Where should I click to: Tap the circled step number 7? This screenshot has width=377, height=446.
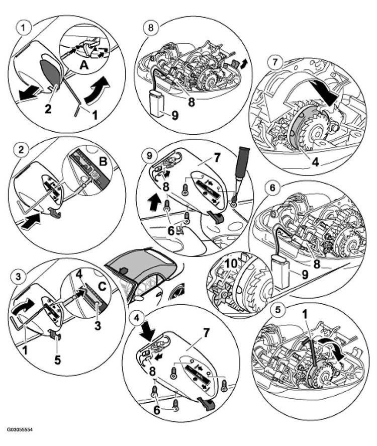(274, 62)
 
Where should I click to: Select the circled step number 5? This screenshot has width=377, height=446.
(277, 309)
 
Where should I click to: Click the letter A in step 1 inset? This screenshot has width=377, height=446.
(84, 65)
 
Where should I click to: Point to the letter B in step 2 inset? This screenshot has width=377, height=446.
(103, 161)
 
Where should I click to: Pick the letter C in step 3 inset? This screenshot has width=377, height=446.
(102, 286)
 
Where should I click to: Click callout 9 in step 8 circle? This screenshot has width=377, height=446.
(174, 115)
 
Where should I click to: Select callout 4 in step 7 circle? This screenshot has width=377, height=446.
(315, 161)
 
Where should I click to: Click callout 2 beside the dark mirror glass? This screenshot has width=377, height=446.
(48, 109)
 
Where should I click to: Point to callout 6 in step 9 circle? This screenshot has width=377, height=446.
(171, 230)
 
